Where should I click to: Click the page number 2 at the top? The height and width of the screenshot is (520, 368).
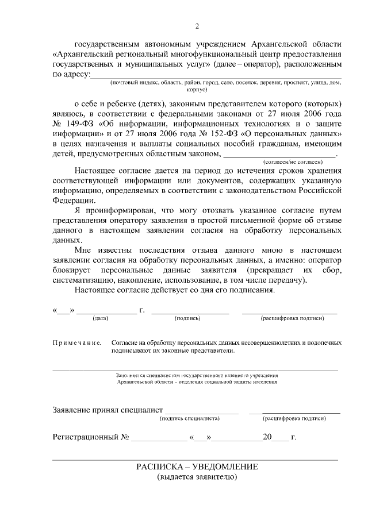tap(197, 26)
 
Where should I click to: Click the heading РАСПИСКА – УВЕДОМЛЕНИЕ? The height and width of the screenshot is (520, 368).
tap(197, 467)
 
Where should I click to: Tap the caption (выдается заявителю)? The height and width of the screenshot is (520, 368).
tap(197, 477)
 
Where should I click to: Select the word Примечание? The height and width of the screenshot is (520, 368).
tap(77, 342)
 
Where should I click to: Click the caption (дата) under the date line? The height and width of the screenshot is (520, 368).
tap(101, 318)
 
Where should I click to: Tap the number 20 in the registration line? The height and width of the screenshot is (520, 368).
tap(267, 437)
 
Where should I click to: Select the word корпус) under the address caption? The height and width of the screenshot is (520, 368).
tap(197, 90)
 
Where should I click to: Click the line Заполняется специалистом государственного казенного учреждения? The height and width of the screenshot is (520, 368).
tap(197, 375)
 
